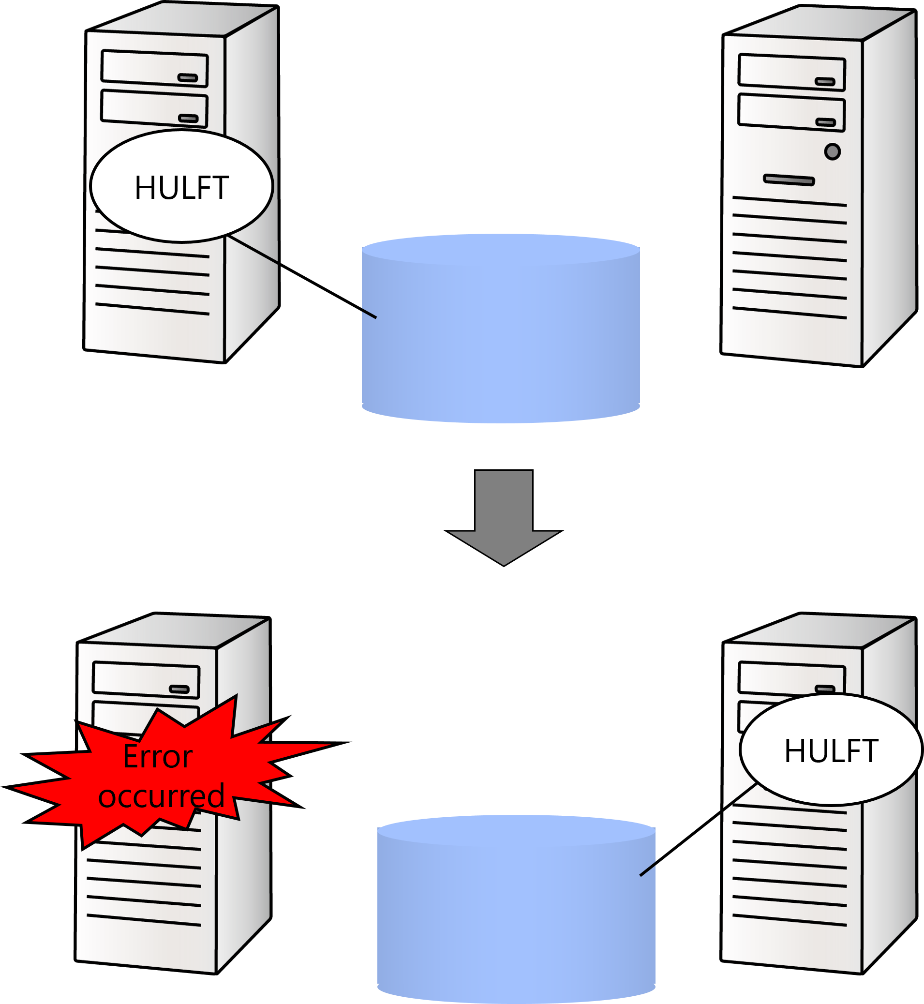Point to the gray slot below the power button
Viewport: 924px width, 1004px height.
pyautogui.click(x=789, y=180)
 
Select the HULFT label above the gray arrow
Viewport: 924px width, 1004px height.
pyautogui.click(x=181, y=188)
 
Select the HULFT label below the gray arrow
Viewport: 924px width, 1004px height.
pyautogui.click(x=831, y=751)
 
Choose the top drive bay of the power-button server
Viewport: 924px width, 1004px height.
pyautogui.click(x=791, y=73)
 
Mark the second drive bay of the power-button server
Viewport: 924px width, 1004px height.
pyautogui.click(x=791, y=114)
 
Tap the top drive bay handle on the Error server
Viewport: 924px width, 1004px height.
pyautogui.click(x=179, y=689)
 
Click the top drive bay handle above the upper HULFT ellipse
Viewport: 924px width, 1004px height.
pyautogui.click(x=188, y=77)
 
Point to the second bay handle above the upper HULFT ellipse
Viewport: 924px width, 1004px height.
pyautogui.click(x=189, y=119)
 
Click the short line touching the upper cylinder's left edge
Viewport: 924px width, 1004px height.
pyautogui.click(x=369, y=314)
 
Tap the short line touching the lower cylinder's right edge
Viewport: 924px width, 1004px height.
pyautogui.click(x=647, y=869)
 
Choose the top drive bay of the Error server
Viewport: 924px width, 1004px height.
pyautogui.click(x=146, y=679)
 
